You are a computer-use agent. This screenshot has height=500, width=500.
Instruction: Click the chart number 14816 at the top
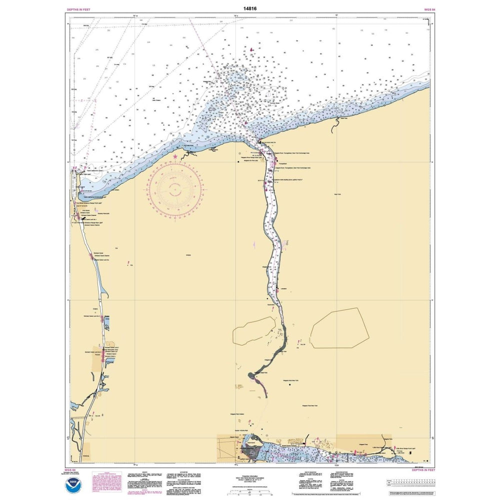250,8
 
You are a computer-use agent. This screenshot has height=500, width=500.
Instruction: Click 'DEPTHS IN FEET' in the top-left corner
78,9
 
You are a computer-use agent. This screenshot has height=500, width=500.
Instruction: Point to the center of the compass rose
175,188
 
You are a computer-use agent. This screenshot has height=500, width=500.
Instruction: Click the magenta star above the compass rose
175,157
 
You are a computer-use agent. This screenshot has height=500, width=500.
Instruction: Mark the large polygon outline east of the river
340,328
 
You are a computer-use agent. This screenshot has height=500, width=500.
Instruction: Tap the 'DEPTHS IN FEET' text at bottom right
423,470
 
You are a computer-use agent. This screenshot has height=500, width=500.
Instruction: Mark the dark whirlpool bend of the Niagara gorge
260,372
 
